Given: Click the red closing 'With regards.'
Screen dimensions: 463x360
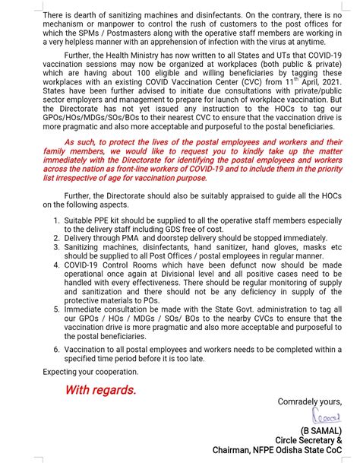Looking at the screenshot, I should (100, 389).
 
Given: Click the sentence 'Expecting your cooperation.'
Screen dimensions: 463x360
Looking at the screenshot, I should (90, 372).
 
